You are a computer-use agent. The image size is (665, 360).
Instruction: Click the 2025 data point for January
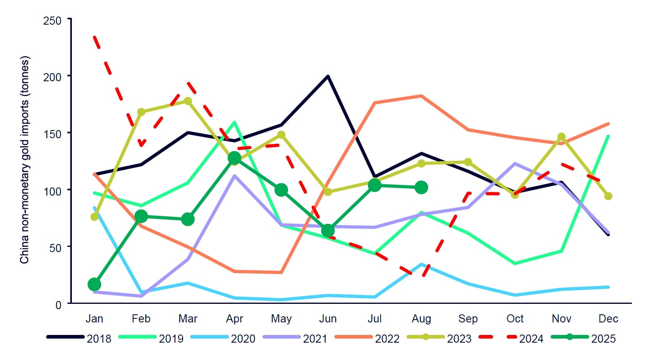pyautogui.click(x=94, y=284)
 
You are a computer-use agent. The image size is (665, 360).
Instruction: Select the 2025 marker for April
pyautogui.click(x=235, y=158)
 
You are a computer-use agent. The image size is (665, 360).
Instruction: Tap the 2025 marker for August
pyautogui.click(x=421, y=187)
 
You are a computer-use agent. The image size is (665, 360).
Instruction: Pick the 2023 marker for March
pyautogui.click(x=188, y=101)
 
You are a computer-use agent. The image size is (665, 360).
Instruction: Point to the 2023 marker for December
pyautogui.click(x=608, y=196)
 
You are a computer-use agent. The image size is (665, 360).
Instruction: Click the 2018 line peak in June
pyautogui.click(x=328, y=76)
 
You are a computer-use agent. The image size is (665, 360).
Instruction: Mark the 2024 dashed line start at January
pyautogui.click(x=94, y=37)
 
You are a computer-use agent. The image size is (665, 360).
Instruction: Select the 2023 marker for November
pyautogui.click(x=561, y=137)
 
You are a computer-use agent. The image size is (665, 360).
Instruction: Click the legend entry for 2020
pyautogui.click(x=243, y=339)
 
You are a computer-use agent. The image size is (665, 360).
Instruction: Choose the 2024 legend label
pyautogui.click(x=531, y=339)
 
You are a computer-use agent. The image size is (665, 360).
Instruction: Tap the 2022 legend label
pyautogui.click(x=387, y=339)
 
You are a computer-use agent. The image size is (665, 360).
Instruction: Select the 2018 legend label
pyautogui.click(x=99, y=339)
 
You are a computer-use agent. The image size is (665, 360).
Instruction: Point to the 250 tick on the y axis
pyautogui.click(x=52, y=21)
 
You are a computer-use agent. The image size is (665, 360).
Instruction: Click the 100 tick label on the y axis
pyautogui.click(x=52, y=191)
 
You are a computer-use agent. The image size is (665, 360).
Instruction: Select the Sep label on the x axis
pyautogui.click(x=468, y=319)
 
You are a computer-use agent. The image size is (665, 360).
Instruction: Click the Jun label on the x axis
pyautogui.click(x=328, y=319)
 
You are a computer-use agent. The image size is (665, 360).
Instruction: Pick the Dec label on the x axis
pyautogui.click(x=608, y=319)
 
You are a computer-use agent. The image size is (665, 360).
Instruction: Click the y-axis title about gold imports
pyautogui.click(x=25, y=160)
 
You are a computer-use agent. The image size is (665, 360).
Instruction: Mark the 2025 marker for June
pyautogui.click(x=328, y=231)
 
